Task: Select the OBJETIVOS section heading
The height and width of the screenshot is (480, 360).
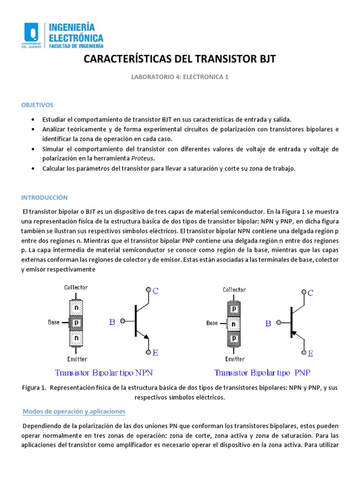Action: (x=37, y=105)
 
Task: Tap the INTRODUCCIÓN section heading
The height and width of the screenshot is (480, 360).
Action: (x=45, y=197)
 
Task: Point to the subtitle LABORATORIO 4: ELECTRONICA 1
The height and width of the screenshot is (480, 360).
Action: (x=180, y=77)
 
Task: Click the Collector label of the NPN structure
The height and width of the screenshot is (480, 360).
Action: (x=76, y=287)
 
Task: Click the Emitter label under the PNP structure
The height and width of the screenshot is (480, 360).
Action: (x=235, y=359)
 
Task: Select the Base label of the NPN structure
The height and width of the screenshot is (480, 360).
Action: (x=54, y=322)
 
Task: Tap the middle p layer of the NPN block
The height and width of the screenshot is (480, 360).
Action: (x=76, y=322)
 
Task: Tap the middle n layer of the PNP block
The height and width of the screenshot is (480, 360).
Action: (x=234, y=323)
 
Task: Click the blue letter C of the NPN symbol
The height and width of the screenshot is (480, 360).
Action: (x=156, y=291)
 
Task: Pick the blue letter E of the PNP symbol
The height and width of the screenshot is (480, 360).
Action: (x=310, y=353)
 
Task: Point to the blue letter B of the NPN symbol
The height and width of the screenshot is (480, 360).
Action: (x=112, y=322)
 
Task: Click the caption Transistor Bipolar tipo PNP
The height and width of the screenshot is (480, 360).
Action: (x=262, y=373)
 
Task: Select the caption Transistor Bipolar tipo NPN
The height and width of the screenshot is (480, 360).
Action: (x=104, y=373)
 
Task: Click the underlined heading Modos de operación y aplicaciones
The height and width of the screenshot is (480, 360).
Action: (x=74, y=411)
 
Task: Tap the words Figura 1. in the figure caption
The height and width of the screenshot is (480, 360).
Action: (x=34, y=388)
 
